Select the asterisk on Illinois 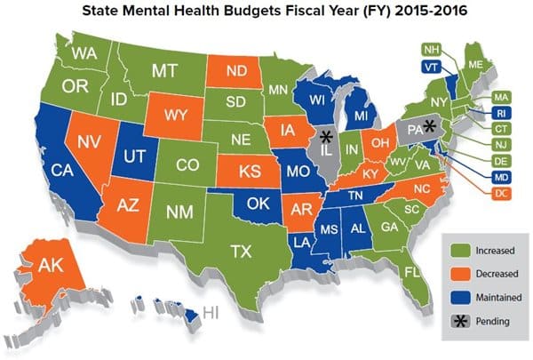pos(326,136)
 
